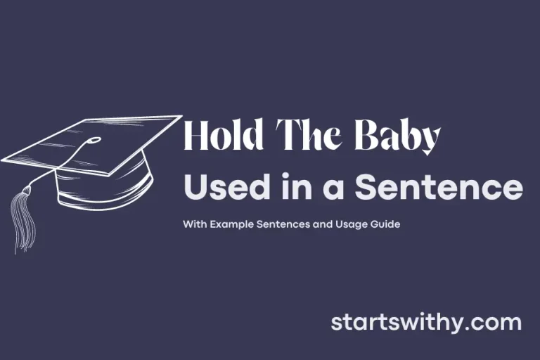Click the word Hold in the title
pos(219,136)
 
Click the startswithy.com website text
pos(426,323)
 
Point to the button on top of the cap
pos(92,140)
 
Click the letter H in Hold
pos(195,136)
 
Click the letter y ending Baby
pos(429,141)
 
